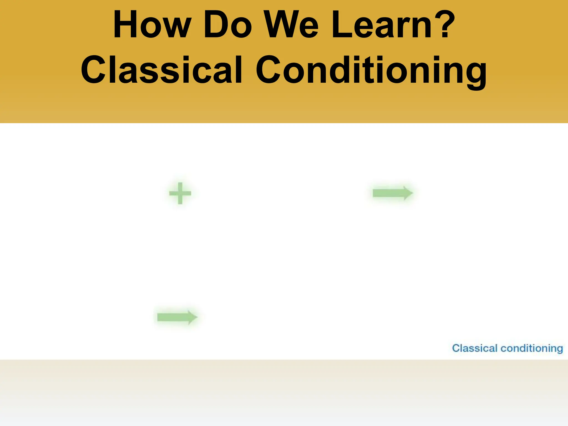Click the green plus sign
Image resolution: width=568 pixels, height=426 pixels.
[180, 193]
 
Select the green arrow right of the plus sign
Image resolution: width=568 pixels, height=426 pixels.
[392, 193]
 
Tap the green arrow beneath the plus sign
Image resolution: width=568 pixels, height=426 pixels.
[177, 317]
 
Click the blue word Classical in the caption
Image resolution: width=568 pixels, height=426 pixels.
[475, 348]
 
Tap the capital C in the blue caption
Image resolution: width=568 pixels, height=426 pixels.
[456, 348]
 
